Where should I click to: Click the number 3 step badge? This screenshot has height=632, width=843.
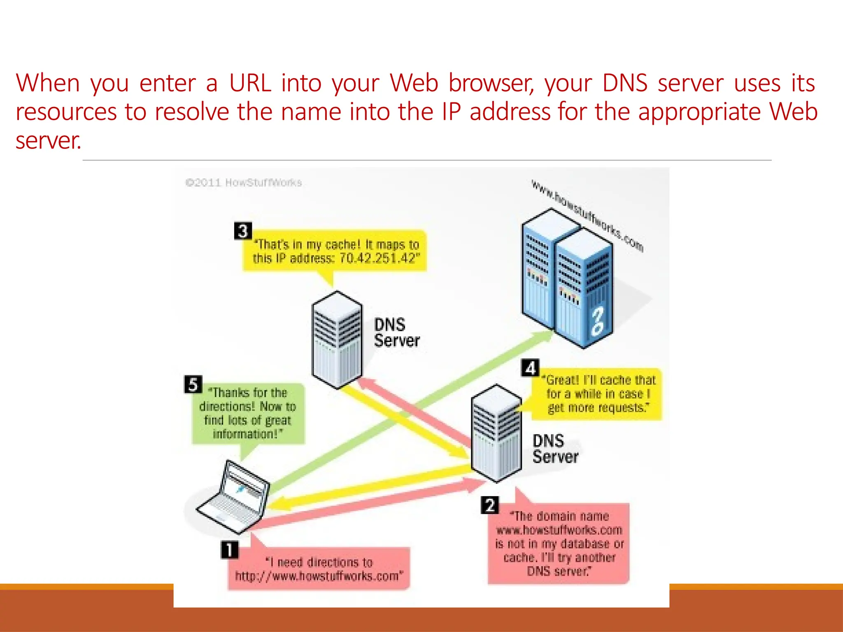243,231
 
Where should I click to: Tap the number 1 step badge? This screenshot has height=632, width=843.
230,550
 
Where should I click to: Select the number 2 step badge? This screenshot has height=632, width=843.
490,505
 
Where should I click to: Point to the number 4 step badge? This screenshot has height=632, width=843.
530,367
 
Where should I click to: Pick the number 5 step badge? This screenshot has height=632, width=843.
193,384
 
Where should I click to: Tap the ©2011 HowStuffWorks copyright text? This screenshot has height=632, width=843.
243,183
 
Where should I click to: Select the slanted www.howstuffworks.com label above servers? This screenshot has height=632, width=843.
587,215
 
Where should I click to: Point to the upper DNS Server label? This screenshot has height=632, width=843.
396,332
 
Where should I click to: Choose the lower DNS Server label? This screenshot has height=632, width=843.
554,449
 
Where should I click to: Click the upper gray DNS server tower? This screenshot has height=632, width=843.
337,339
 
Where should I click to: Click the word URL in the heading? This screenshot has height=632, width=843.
250,83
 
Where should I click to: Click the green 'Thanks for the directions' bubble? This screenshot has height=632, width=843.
248,413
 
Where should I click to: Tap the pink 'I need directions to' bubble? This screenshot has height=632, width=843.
319,569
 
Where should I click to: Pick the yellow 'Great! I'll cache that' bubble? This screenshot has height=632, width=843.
597,394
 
